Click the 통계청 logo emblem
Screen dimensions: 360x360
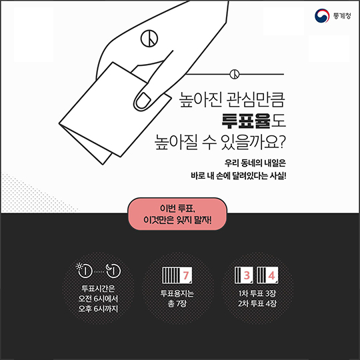(322, 16)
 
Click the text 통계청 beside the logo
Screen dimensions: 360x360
(342, 16)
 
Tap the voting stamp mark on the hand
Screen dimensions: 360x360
(149, 39)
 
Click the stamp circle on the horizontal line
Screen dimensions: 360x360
(235, 74)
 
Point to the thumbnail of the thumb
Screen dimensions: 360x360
(143, 101)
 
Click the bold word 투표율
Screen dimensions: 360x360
(246, 121)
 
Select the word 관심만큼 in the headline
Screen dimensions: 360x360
(256, 100)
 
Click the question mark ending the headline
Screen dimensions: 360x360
(281, 142)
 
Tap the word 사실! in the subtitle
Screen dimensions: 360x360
(278, 176)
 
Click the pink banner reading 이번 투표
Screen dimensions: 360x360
(177, 214)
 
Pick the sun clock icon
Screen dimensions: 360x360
(84, 269)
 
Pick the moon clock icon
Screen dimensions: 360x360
(113, 270)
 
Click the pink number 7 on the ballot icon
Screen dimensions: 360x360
(186, 275)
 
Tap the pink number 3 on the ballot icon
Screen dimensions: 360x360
(247, 275)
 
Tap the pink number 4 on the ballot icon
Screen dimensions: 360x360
(271, 275)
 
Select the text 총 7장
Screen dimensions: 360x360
(177, 303)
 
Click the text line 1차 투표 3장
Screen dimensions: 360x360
(257, 293)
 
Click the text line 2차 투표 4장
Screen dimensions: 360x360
(257, 303)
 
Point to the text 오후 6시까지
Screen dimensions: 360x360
(98, 309)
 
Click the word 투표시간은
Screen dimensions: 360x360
(98, 288)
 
